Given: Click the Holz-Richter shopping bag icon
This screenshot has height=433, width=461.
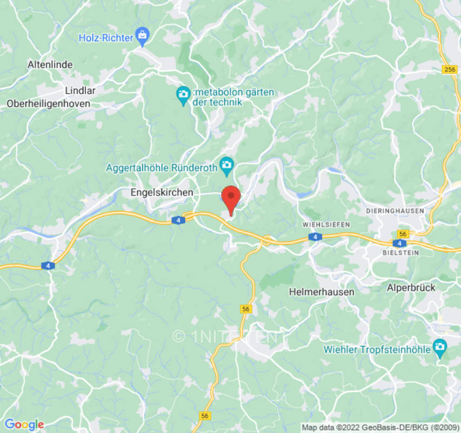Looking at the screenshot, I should point(142,37).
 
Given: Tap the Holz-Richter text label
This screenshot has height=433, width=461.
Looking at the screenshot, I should point(106,38).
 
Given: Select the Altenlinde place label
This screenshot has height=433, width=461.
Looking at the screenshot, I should point(50,64).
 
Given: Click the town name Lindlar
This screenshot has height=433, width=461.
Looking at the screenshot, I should point(80,90).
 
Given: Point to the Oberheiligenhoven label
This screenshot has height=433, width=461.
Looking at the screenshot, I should point(49,103).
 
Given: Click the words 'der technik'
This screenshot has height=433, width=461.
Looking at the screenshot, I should point(217,102).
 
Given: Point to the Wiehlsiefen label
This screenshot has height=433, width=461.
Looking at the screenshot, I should point(326,224).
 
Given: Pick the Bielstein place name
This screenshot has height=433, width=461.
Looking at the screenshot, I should point(400,253).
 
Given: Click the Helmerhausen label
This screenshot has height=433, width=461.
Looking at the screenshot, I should point(322,292).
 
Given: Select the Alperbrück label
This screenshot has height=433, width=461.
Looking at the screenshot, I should point(411,288).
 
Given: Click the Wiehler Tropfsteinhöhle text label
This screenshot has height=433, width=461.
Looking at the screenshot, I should point(377,349).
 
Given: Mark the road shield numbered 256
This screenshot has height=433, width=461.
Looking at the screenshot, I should point(449,69).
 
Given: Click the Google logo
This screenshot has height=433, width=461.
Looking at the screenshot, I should point(24,424).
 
